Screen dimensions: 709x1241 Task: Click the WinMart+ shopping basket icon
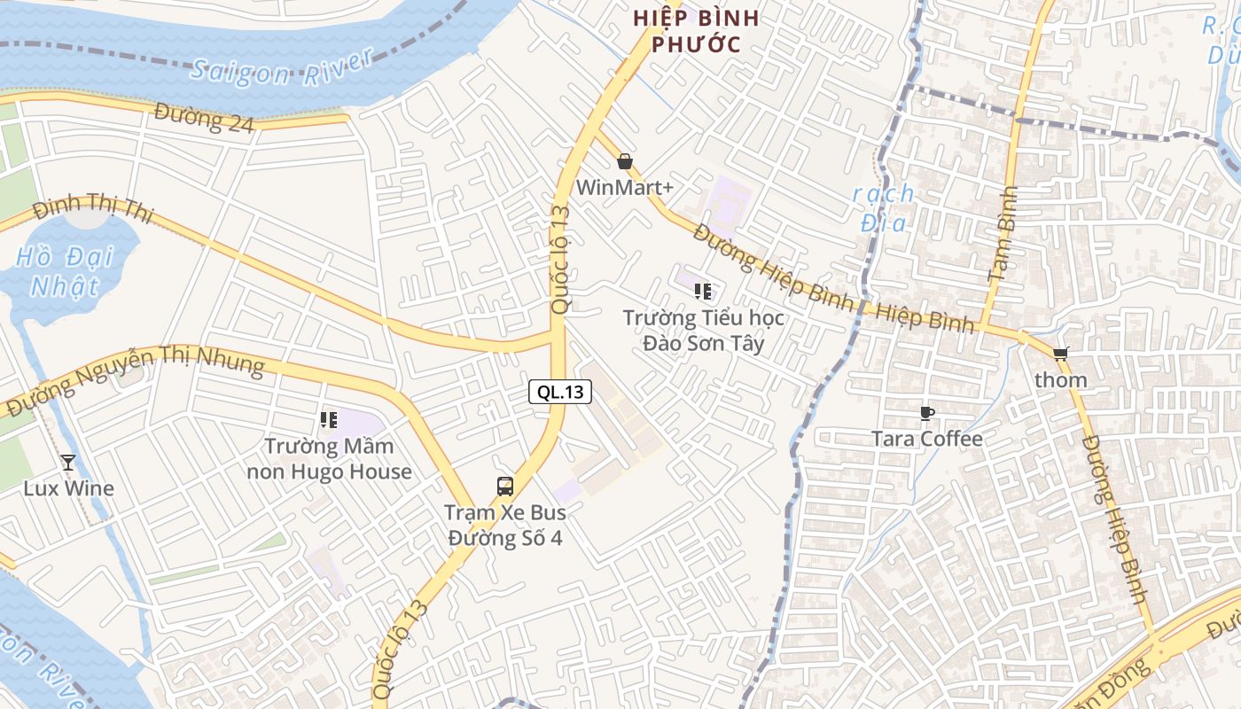click(x=625, y=161)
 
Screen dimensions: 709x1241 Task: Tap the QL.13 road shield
click(x=560, y=392)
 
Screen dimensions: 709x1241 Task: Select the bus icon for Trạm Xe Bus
click(x=504, y=486)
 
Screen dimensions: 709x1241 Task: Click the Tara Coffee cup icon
click(x=926, y=413)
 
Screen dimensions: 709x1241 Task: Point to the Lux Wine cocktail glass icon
click(x=68, y=462)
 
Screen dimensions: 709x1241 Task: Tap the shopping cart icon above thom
click(x=1060, y=354)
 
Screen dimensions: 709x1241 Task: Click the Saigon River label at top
click(x=282, y=69)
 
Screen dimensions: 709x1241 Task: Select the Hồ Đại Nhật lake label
click(x=65, y=271)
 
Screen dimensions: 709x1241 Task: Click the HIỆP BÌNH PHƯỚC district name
click(x=696, y=31)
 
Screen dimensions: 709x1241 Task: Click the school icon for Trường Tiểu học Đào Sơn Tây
click(x=703, y=291)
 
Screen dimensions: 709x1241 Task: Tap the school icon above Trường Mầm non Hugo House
click(x=329, y=419)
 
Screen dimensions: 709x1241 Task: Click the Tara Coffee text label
click(x=927, y=439)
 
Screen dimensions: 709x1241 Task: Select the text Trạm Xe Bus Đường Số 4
click(x=504, y=526)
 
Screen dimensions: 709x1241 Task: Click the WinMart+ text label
click(x=625, y=188)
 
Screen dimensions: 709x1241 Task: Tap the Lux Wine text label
click(x=68, y=488)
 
